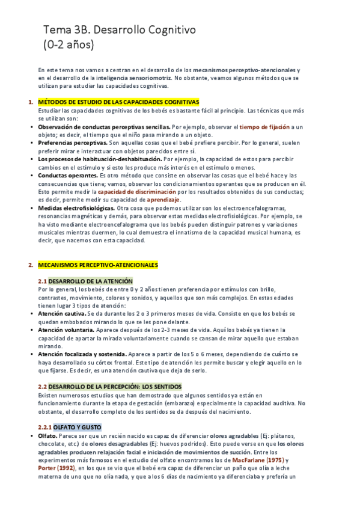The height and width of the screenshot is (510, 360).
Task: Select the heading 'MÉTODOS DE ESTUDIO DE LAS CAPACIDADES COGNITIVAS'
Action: click(x=118, y=102)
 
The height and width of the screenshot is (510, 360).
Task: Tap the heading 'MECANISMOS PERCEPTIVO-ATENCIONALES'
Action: click(x=97, y=265)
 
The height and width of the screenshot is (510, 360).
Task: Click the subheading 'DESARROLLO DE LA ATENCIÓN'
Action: click(x=91, y=281)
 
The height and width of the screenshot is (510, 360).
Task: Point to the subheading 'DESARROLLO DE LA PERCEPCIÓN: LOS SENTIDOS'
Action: click(x=115, y=386)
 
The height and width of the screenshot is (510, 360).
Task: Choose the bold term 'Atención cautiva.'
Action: click(x=62, y=314)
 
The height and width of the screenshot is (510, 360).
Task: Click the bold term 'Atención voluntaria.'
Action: click(x=67, y=330)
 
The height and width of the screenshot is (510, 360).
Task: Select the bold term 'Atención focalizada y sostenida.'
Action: click(x=82, y=354)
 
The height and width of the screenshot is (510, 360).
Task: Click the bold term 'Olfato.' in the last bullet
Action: click(x=49, y=436)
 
